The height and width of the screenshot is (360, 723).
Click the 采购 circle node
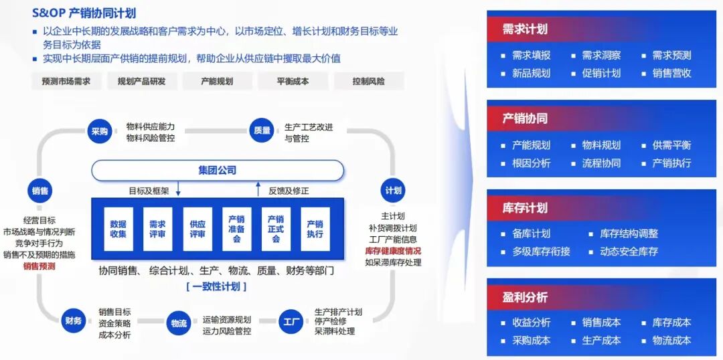[100, 131]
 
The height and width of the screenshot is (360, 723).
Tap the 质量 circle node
[262, 131]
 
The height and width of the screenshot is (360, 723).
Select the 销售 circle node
[39, 191]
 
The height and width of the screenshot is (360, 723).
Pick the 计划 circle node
[393, 190]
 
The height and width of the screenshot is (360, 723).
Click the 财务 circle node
[74, 321]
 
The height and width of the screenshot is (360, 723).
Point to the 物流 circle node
[179, 324]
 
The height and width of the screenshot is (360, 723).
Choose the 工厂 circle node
[291, 321]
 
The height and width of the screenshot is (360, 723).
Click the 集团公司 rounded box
[218, 171]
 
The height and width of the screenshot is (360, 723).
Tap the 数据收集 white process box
[118, 229]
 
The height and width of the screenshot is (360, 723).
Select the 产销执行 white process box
[315, 229]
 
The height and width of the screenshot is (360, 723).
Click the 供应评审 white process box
[197, 229]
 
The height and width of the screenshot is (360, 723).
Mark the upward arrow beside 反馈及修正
[258, 189]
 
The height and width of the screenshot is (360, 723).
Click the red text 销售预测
[39, 266]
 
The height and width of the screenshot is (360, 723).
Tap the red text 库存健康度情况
[393, 251]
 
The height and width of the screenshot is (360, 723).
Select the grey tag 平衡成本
[293, 82]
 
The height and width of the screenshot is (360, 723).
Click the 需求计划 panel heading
[525, 29]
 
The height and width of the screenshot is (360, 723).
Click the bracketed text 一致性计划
[216, 286]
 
